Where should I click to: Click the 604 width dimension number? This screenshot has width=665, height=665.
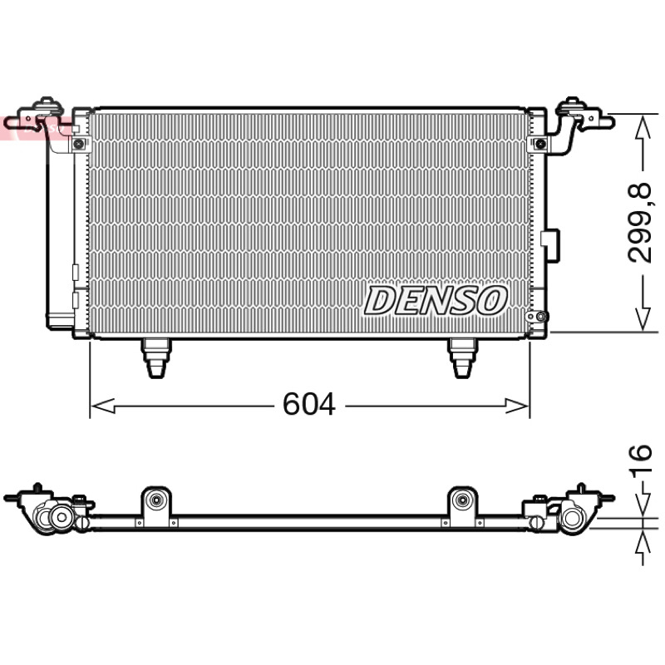point(308,404)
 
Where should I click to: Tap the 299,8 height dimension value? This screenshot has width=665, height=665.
point(638,223)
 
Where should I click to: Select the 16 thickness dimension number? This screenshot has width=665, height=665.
point(641,461)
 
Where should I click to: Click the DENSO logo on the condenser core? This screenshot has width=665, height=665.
point(436,300)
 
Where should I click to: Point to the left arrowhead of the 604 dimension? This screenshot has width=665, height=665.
point(103,406)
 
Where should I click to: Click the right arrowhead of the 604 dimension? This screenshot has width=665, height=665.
point(517,406)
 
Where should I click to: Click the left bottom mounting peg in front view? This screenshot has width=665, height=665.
point(156,357)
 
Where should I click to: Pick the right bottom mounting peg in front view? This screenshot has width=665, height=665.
point(463,357)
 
